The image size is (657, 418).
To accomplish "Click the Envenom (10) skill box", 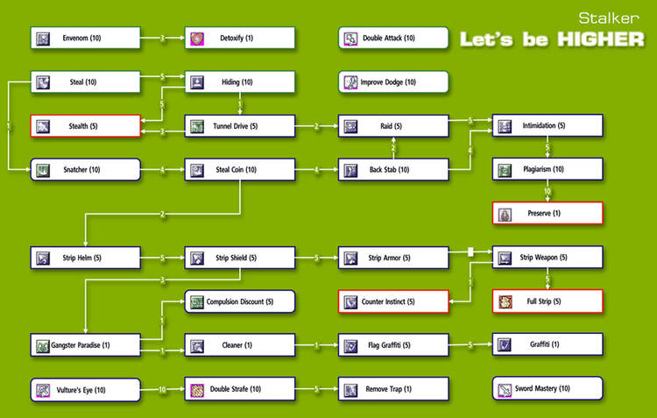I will coord(86,38).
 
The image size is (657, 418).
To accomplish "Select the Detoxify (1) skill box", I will coord(239,38).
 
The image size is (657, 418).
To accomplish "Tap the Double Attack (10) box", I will coord(393,38).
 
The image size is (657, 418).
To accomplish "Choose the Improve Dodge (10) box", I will coord(393,82).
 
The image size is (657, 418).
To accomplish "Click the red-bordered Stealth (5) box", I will coord(86,126).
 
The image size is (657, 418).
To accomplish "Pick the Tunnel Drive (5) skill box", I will coord(239,126).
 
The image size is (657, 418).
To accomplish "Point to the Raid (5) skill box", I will coord(393,126).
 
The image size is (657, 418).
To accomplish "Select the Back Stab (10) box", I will coord(393,170).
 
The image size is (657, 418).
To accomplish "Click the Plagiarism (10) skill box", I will coord(547,170).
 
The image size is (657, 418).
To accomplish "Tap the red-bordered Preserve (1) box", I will coord(547,213).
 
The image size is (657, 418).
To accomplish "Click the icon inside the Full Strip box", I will coord(505,302).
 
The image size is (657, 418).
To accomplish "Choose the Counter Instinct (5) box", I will coord(393,302).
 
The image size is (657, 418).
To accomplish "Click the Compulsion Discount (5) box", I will coord(239,302).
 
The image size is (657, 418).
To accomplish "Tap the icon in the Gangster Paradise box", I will coord(43,346).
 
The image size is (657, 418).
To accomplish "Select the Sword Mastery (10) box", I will coord(547,388).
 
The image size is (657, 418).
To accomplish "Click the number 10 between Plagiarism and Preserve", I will coord(547,191).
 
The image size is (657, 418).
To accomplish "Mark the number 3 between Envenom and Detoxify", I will coord(162,38).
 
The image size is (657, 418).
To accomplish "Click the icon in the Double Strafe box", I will coord(197,389).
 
